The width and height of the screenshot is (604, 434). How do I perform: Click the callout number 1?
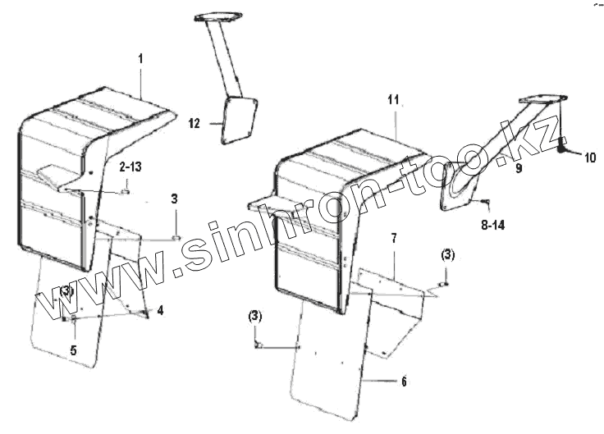140,59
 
